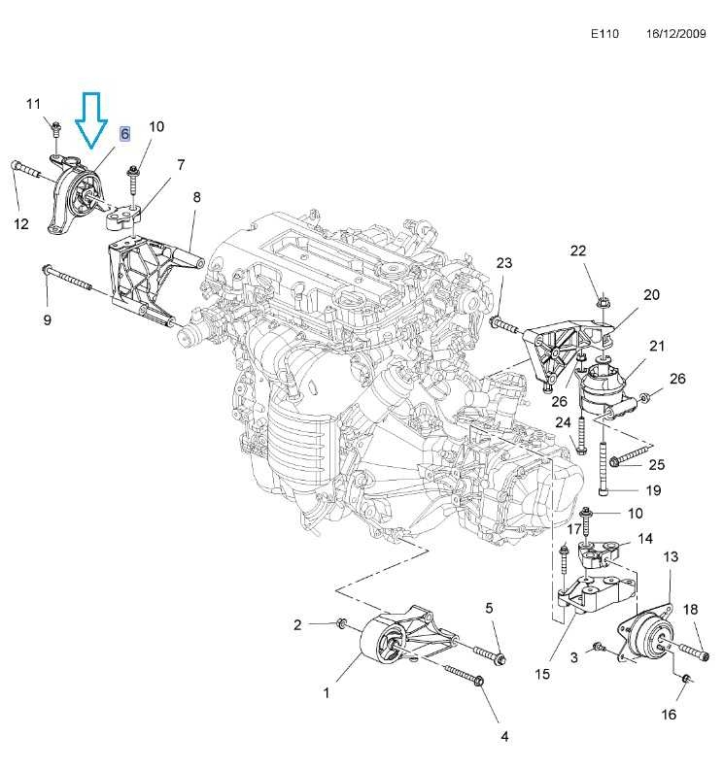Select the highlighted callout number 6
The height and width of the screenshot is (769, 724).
125,134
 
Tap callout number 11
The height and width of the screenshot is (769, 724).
34,104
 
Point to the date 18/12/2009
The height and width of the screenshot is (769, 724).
677,33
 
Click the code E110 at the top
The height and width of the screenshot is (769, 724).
603,33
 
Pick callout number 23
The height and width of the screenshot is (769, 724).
503,263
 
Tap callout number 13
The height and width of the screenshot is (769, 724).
671,556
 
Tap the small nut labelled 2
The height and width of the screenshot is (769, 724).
340,623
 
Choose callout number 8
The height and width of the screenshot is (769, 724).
196,197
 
